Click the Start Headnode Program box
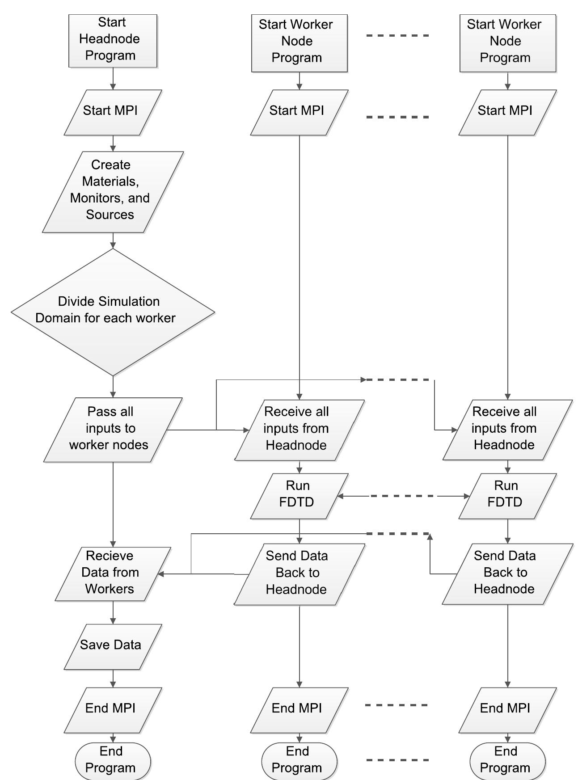(x=112, y=40)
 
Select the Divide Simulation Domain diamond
(x=112, y=312)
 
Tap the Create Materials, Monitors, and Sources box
(x=112, y=191)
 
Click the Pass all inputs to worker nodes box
(x=112, y=429)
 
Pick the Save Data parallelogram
(x=112, y=646)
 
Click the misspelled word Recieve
(x=110, y=556)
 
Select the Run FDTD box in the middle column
(x=299, y=496)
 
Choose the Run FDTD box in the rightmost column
(x=507, y=496)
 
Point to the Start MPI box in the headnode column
(x=112, y=112)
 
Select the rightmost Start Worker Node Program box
(x=507, y=42)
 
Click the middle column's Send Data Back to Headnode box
(x=299, y=573)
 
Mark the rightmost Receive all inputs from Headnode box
(x=507, y=429)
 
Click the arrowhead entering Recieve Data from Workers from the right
(x=161, y=574)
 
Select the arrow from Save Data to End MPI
(x=113, y=679)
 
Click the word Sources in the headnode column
(x=110, y=215)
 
